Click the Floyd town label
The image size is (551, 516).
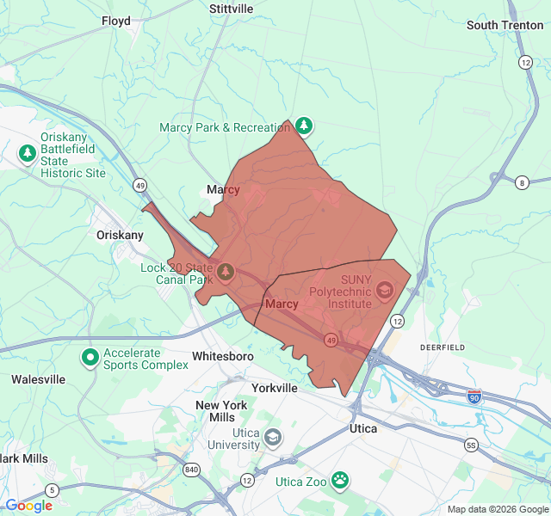pyautogui.click(x=116, y=21)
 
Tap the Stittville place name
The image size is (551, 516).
pyautogui.click(x=232, y=9)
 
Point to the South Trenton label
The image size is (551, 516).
pyautogui.click(x=505, y=25)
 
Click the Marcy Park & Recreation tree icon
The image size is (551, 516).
pyautogui.click(x=303, y=126)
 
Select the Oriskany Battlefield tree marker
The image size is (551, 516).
pyautogui.click(x=28, y=154)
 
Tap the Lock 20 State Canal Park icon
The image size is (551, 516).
pyautogui.click(x=226, y=273)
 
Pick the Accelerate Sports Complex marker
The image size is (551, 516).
pyautogui.click(x=90, y=356)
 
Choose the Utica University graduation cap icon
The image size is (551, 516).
pyautogui.click(x=273, y=438)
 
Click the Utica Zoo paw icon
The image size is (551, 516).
pyautogui.click(x=341, y=481)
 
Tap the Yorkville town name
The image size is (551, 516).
pyautogui.click(x=274, y=388)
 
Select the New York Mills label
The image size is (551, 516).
pyautogui.click(x=221, y=411)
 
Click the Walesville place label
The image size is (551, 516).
pyautogui.click(x=38, y=379)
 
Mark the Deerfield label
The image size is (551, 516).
pyautogui.click(x=442, y=347)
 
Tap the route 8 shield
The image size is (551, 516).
pyautogui.click(x=522, y=182)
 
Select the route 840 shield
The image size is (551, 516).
pyautogui.click(x=191, y=470)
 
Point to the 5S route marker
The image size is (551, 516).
pyautogui.click(x=470, y=445)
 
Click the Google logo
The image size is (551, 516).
pyautogui.click(x=28, y=506)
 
